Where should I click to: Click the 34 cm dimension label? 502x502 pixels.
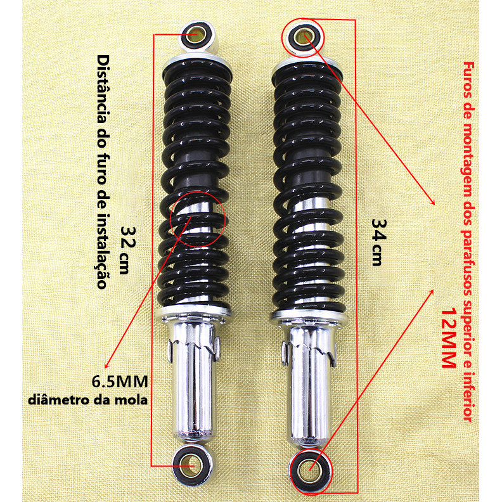(379, 242)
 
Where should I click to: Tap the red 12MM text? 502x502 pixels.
(448, 338)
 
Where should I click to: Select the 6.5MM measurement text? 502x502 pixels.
(120, 382)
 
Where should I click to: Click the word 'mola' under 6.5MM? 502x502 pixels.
(134, 400)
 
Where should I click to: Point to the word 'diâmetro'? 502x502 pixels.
(60, 401)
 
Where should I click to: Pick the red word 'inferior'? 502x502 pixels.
(468, 396)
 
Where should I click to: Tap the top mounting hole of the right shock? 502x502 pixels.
(303, 37)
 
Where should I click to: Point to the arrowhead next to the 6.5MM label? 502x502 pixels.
(107, 364)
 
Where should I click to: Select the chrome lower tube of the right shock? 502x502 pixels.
(310, 384)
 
